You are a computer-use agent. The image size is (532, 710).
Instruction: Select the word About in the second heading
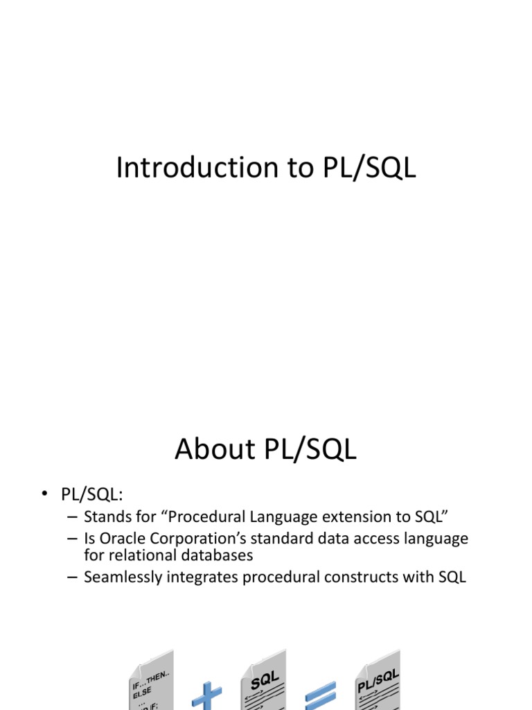[x=215, y=449]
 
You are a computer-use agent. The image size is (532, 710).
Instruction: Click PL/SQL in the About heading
[x=310, y=449]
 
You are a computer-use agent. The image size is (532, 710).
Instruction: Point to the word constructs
[x=368, y=577]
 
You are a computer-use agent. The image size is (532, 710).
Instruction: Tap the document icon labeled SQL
[x=264, y=683]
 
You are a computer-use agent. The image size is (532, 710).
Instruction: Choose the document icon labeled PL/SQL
[x=378, y=683]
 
